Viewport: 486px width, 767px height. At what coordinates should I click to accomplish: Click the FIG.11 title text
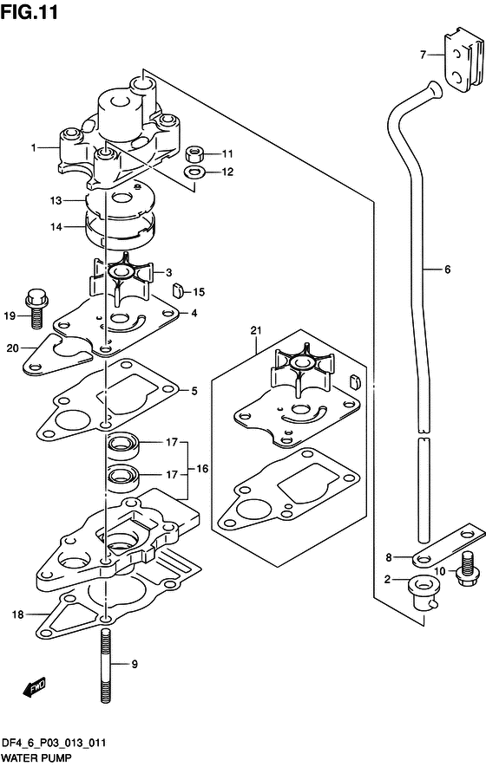[29, 12]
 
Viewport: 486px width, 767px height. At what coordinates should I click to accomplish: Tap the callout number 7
[424, 55]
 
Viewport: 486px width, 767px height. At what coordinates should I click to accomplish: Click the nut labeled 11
[195, 153]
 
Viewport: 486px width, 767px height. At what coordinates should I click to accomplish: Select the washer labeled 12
[195, 172]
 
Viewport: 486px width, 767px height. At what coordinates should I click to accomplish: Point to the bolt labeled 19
[36, 309]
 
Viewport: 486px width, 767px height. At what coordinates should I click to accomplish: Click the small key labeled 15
[177, 290]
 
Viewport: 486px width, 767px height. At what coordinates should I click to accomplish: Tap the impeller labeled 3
[121, 280]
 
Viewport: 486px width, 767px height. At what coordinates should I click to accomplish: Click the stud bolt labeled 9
[105, 666]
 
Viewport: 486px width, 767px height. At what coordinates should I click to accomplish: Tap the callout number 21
[256, 331]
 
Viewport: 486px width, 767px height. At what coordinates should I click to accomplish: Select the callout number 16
[202, 469]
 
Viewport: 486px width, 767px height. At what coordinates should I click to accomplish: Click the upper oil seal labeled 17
[123, 445]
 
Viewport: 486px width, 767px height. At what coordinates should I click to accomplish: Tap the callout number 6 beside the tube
[447, 269]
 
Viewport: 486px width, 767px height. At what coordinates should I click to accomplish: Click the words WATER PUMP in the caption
[36, 758]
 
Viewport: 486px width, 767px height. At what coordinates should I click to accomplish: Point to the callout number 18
[17, 614]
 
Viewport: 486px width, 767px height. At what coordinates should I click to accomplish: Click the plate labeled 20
[57, 354]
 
